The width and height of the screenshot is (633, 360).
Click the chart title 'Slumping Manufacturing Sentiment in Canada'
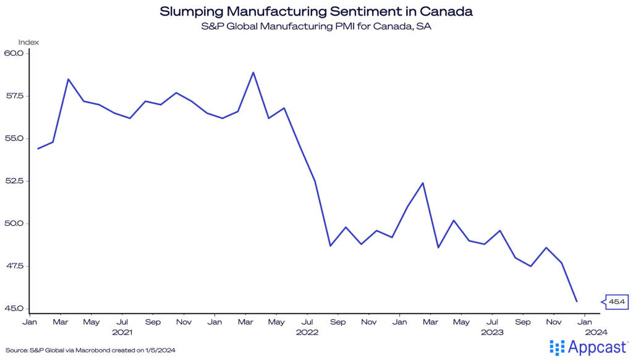[316, 11]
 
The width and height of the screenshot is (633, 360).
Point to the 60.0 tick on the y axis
[13, 53]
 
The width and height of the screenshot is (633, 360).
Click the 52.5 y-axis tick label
[13, 181]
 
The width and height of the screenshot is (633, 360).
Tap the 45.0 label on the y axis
[13, 309]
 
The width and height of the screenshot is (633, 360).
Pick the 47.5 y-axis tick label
[13, 266]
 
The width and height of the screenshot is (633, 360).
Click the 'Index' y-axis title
[28, 42]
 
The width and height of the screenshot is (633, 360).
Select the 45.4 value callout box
[616, 302]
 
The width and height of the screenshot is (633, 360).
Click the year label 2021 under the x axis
[122, 332]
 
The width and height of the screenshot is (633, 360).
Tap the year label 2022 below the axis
[307, 332]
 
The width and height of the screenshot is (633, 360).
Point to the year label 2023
[492, 332]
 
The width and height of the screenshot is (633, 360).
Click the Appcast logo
[588, 348]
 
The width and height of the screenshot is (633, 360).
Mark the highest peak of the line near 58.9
[253, 72]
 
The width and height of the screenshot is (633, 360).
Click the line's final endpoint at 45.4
[577, 301]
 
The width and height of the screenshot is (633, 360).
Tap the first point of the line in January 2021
[38, 148]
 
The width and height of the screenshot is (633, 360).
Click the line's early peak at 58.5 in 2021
[68, 79]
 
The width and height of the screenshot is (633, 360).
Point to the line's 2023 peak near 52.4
[423, 183]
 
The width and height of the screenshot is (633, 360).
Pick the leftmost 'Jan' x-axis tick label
[29, 322]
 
